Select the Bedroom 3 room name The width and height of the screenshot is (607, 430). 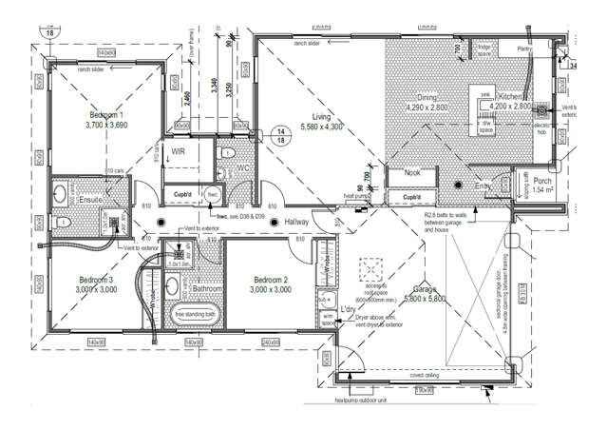[x=97, y=280]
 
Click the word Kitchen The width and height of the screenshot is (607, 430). [x=511, y=98]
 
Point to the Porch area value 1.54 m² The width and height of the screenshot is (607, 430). [x=542, y=190]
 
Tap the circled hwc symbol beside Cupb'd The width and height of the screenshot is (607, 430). [x=214, y=195]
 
